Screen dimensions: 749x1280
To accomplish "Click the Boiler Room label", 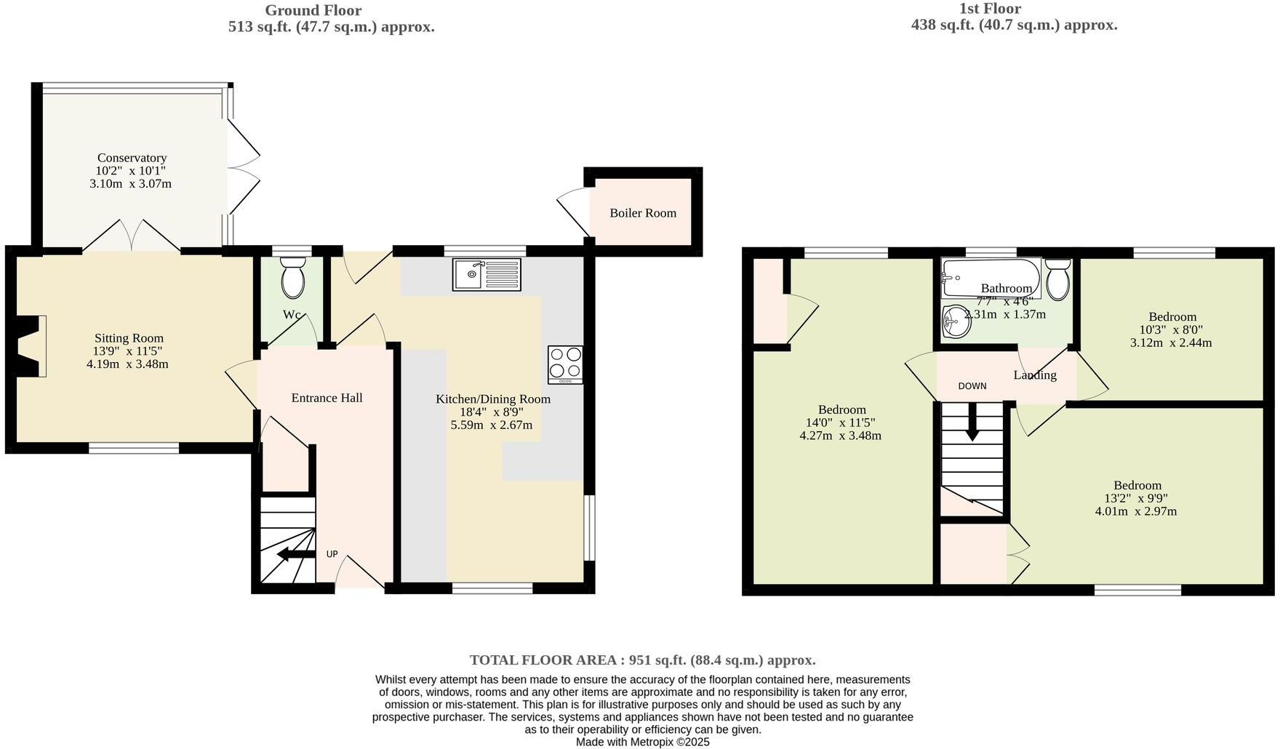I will coord(643,213).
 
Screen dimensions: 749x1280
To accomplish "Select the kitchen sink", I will coord(487,275).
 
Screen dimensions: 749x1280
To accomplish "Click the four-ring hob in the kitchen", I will coord(565,364).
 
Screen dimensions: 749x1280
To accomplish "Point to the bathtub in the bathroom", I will coord(991,277).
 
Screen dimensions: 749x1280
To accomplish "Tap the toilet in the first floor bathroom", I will coord(1057,280).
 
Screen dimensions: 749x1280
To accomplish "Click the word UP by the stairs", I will coord(332,554).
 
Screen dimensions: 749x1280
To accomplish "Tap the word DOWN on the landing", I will coord(972,386).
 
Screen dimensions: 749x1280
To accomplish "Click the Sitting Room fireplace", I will coord(29,346).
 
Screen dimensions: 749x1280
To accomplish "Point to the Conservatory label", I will coord(132,158).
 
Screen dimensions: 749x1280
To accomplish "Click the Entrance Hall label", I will coord(327,398).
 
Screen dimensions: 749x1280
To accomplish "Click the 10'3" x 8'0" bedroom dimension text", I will coord(1170,329).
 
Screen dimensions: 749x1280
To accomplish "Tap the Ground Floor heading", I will coord(313,10).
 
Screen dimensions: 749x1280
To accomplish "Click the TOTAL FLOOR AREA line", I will coord(642,660).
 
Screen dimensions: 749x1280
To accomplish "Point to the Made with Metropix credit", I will coord(642,742).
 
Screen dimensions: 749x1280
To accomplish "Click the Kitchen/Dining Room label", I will coord(492,399).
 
